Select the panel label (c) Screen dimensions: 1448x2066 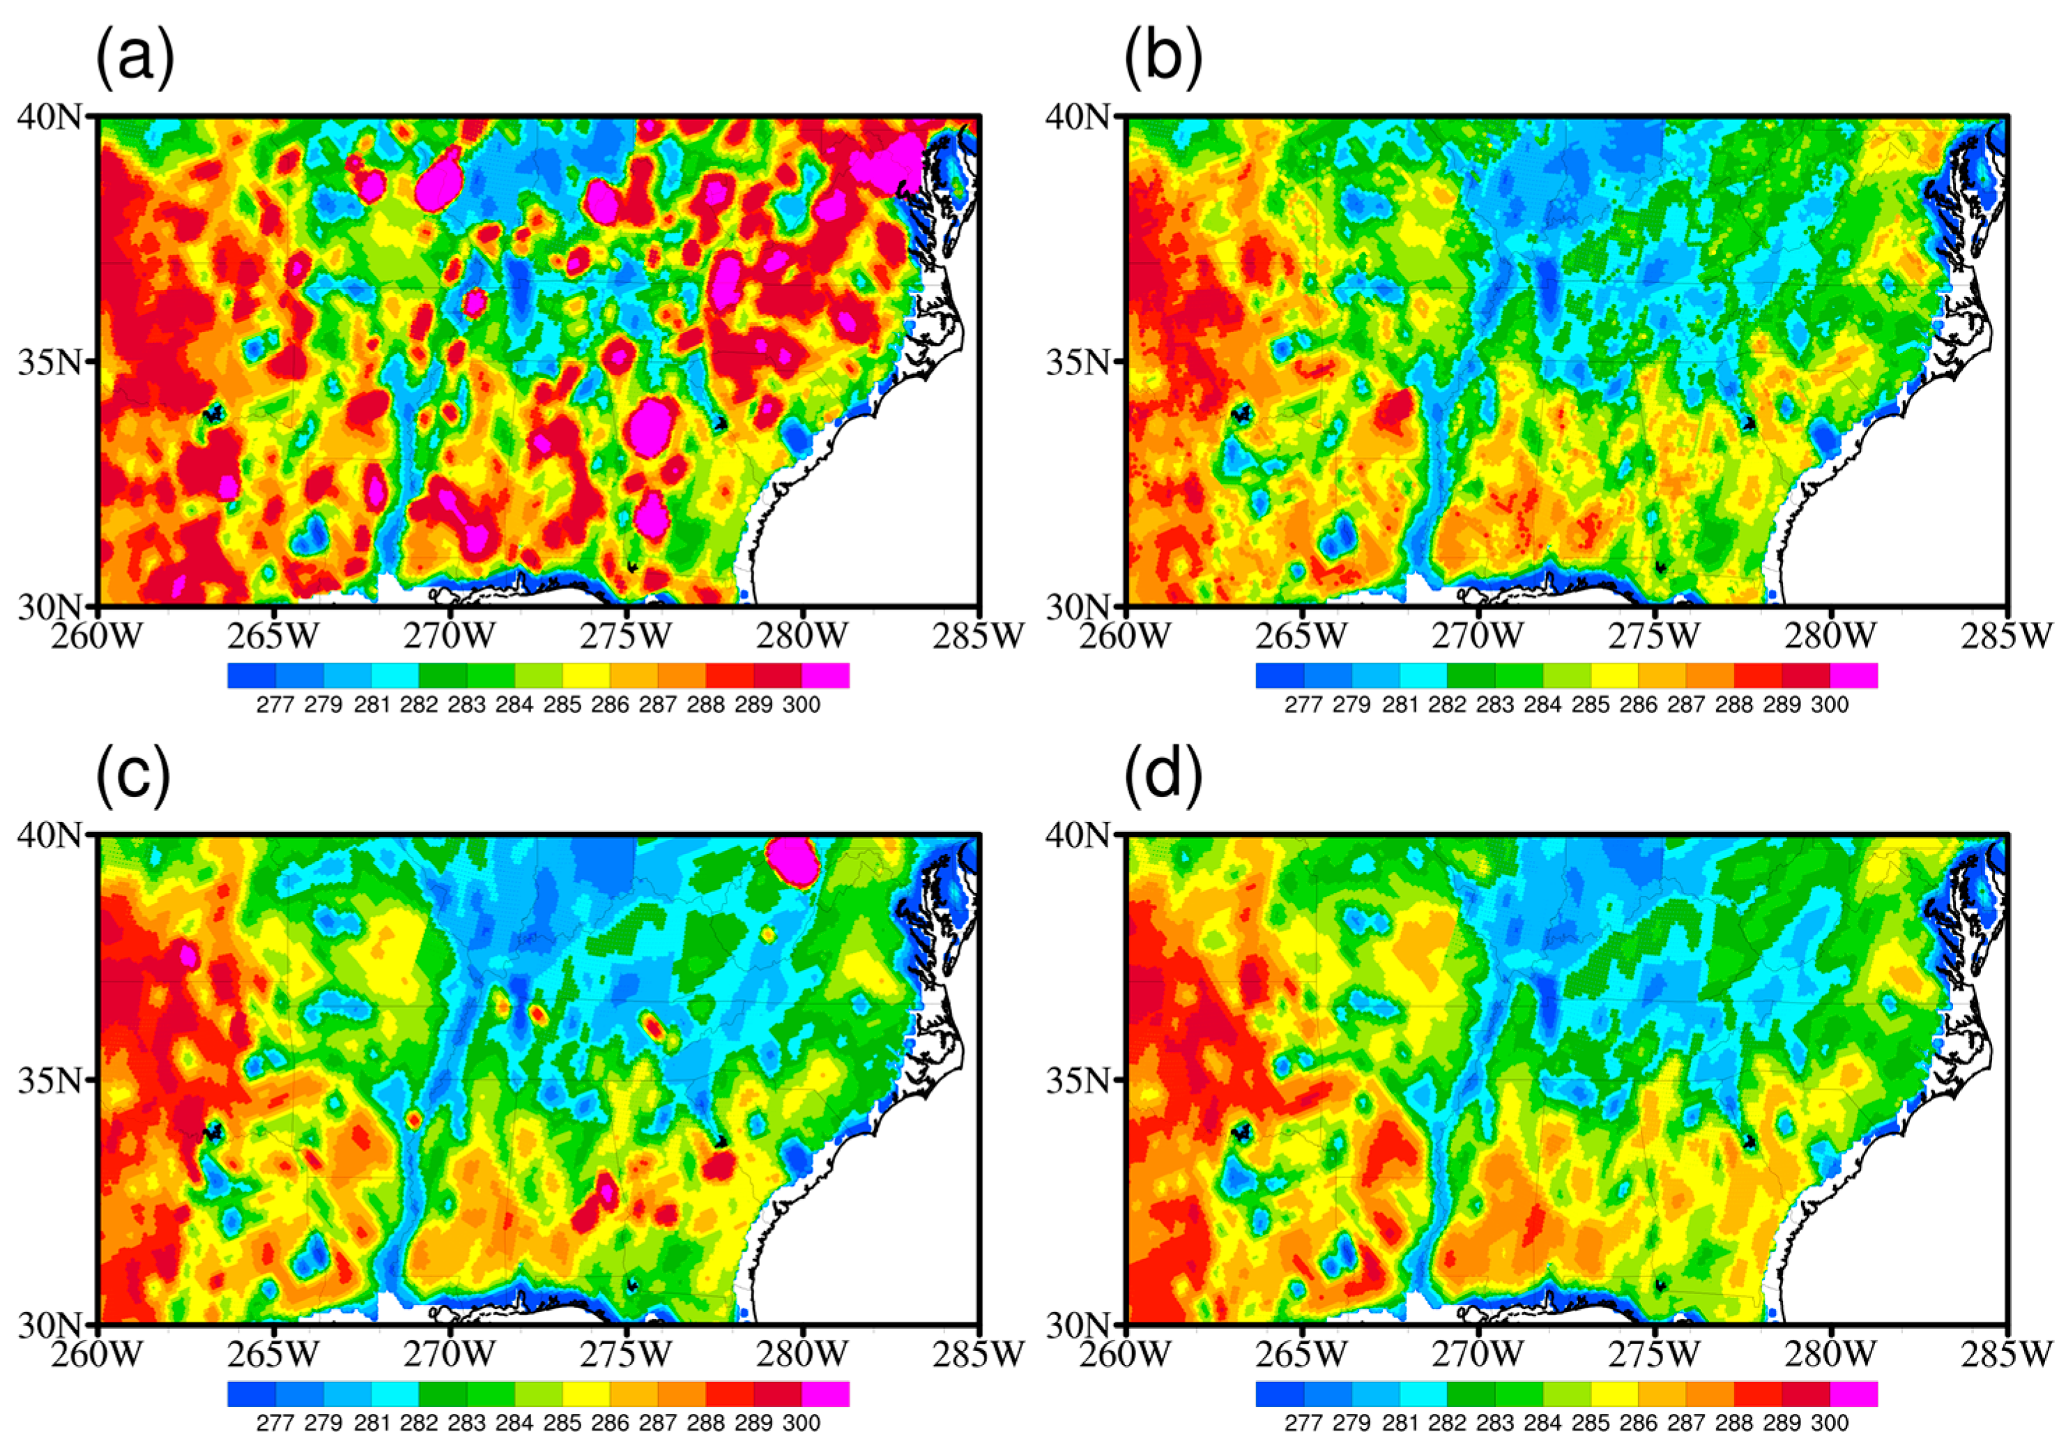(132, 776)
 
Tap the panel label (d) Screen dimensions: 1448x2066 (1163, 776)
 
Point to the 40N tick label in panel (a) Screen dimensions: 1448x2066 (49, 117)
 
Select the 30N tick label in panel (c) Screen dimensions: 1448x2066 (49, 1324)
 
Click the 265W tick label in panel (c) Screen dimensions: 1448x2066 (273, 1353)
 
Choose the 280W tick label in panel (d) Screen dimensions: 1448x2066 (1831, 1353)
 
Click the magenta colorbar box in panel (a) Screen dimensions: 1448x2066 (825, 675)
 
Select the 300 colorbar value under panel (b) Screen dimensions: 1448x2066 (1829, 705)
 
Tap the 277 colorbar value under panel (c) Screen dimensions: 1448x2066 (275, 1423)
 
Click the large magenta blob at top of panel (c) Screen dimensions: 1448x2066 (793, 860)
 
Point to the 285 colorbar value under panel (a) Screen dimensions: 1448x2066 (563, 705)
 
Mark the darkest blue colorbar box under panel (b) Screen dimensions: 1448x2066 (1280, 675)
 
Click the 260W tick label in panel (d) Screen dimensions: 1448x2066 (1125, 1353)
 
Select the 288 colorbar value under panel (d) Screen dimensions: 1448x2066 (1734, 1423)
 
